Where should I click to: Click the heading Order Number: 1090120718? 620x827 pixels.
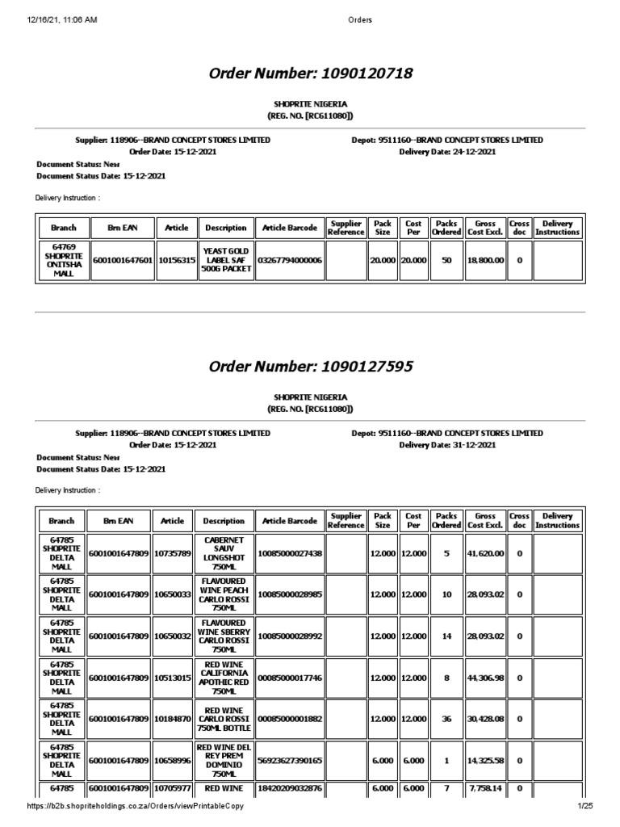click(x=311, y=73)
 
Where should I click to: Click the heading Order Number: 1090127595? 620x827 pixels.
click(x=311, y=367)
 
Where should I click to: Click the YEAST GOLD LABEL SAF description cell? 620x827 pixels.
click(x=225, y=261)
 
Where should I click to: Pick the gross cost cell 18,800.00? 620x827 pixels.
click(x=484, y=261)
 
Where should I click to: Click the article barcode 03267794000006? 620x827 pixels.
click(x=289, y=261)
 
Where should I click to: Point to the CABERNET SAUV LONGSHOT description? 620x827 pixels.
click(x=225, y=553)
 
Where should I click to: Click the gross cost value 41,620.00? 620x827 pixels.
click(x=484, y=553)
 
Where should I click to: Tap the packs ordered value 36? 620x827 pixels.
click(x=446, y=718)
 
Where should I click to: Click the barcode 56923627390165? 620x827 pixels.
click(x=289, y=760)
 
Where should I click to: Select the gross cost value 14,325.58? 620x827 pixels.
click(x=484, y=760)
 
